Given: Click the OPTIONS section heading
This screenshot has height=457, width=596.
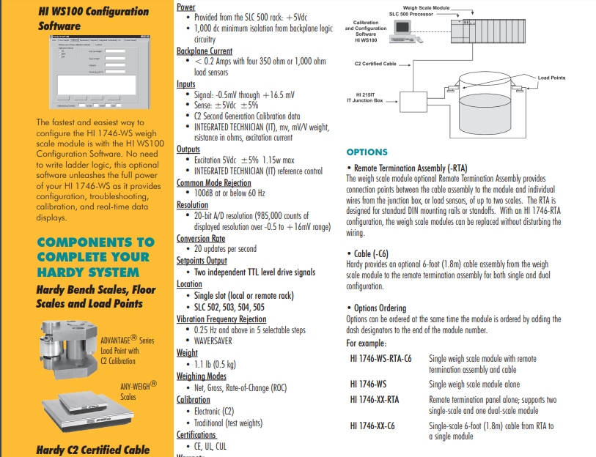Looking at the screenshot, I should pyautogui.click(x=367, y=152).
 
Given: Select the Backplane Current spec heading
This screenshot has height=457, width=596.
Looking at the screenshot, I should pyautogui.click(x=205, y=51).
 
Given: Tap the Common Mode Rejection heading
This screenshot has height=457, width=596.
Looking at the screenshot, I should pyautogui.click(x=213, y=183).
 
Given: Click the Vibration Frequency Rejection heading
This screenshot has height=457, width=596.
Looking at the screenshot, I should pyautogui.click(x=221, y=319).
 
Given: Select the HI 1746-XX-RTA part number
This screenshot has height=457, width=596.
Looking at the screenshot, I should pyautogui.click(x=374, y=399).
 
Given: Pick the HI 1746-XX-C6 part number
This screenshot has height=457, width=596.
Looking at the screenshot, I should pyautogui.click(x=372, y=426).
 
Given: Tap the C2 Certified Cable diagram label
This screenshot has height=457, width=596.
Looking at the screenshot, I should pyautogui.click(x=375, y=64).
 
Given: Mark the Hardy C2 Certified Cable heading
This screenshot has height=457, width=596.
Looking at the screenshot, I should pyautogui.click(x=92, y=450).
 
